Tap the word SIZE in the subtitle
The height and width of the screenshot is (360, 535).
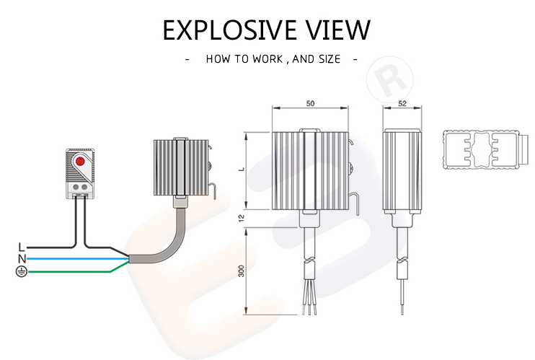click(x=328, y=59)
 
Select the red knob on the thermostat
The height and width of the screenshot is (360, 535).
click(x=80, y=162)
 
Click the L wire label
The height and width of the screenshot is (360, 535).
click(x=21, y=247)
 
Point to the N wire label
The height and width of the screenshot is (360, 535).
click(x=21, y=258)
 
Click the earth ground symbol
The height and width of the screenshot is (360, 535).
click(x=21, y=271)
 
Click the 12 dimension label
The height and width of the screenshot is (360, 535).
click(x=242, y=219)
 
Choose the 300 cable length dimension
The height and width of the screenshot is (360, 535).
click(x=242, y=271)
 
